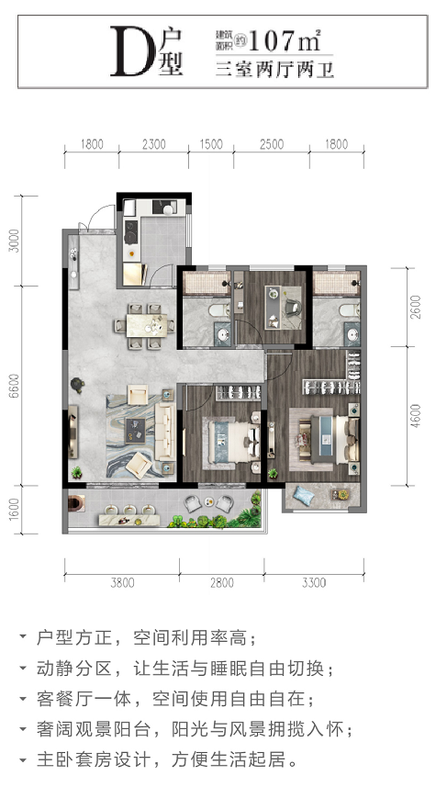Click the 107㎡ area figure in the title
(284, 40)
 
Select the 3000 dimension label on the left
(15, 241)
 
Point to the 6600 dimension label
(15, 386)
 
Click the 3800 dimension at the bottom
(122, 583)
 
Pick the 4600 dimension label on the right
(416, 416)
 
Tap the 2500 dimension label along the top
(272, 144)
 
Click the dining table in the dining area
(146, 326)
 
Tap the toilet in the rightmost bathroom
(349, 309)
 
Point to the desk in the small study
(274, 307)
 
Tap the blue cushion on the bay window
(304, 495)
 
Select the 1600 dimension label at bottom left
(15, 509)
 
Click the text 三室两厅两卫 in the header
(275, 69)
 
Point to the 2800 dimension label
(222, 583)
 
